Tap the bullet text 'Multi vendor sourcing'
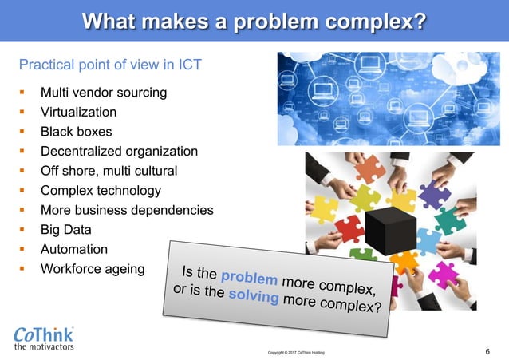(x=104, y=93)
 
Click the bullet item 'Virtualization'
(x=78, y=113)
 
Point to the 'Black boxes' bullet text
(x=76, y=132)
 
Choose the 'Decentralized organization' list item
(x=119, y=151)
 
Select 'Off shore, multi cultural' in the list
(x=109, y=171)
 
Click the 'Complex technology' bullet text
(x=101, y=191)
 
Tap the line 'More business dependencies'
(x=127, y=211)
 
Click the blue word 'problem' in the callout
(x=249, y=279)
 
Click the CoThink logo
(x=45, y=334)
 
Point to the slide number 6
(x=487, y=350)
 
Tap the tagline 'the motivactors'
(x=45, y=347)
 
